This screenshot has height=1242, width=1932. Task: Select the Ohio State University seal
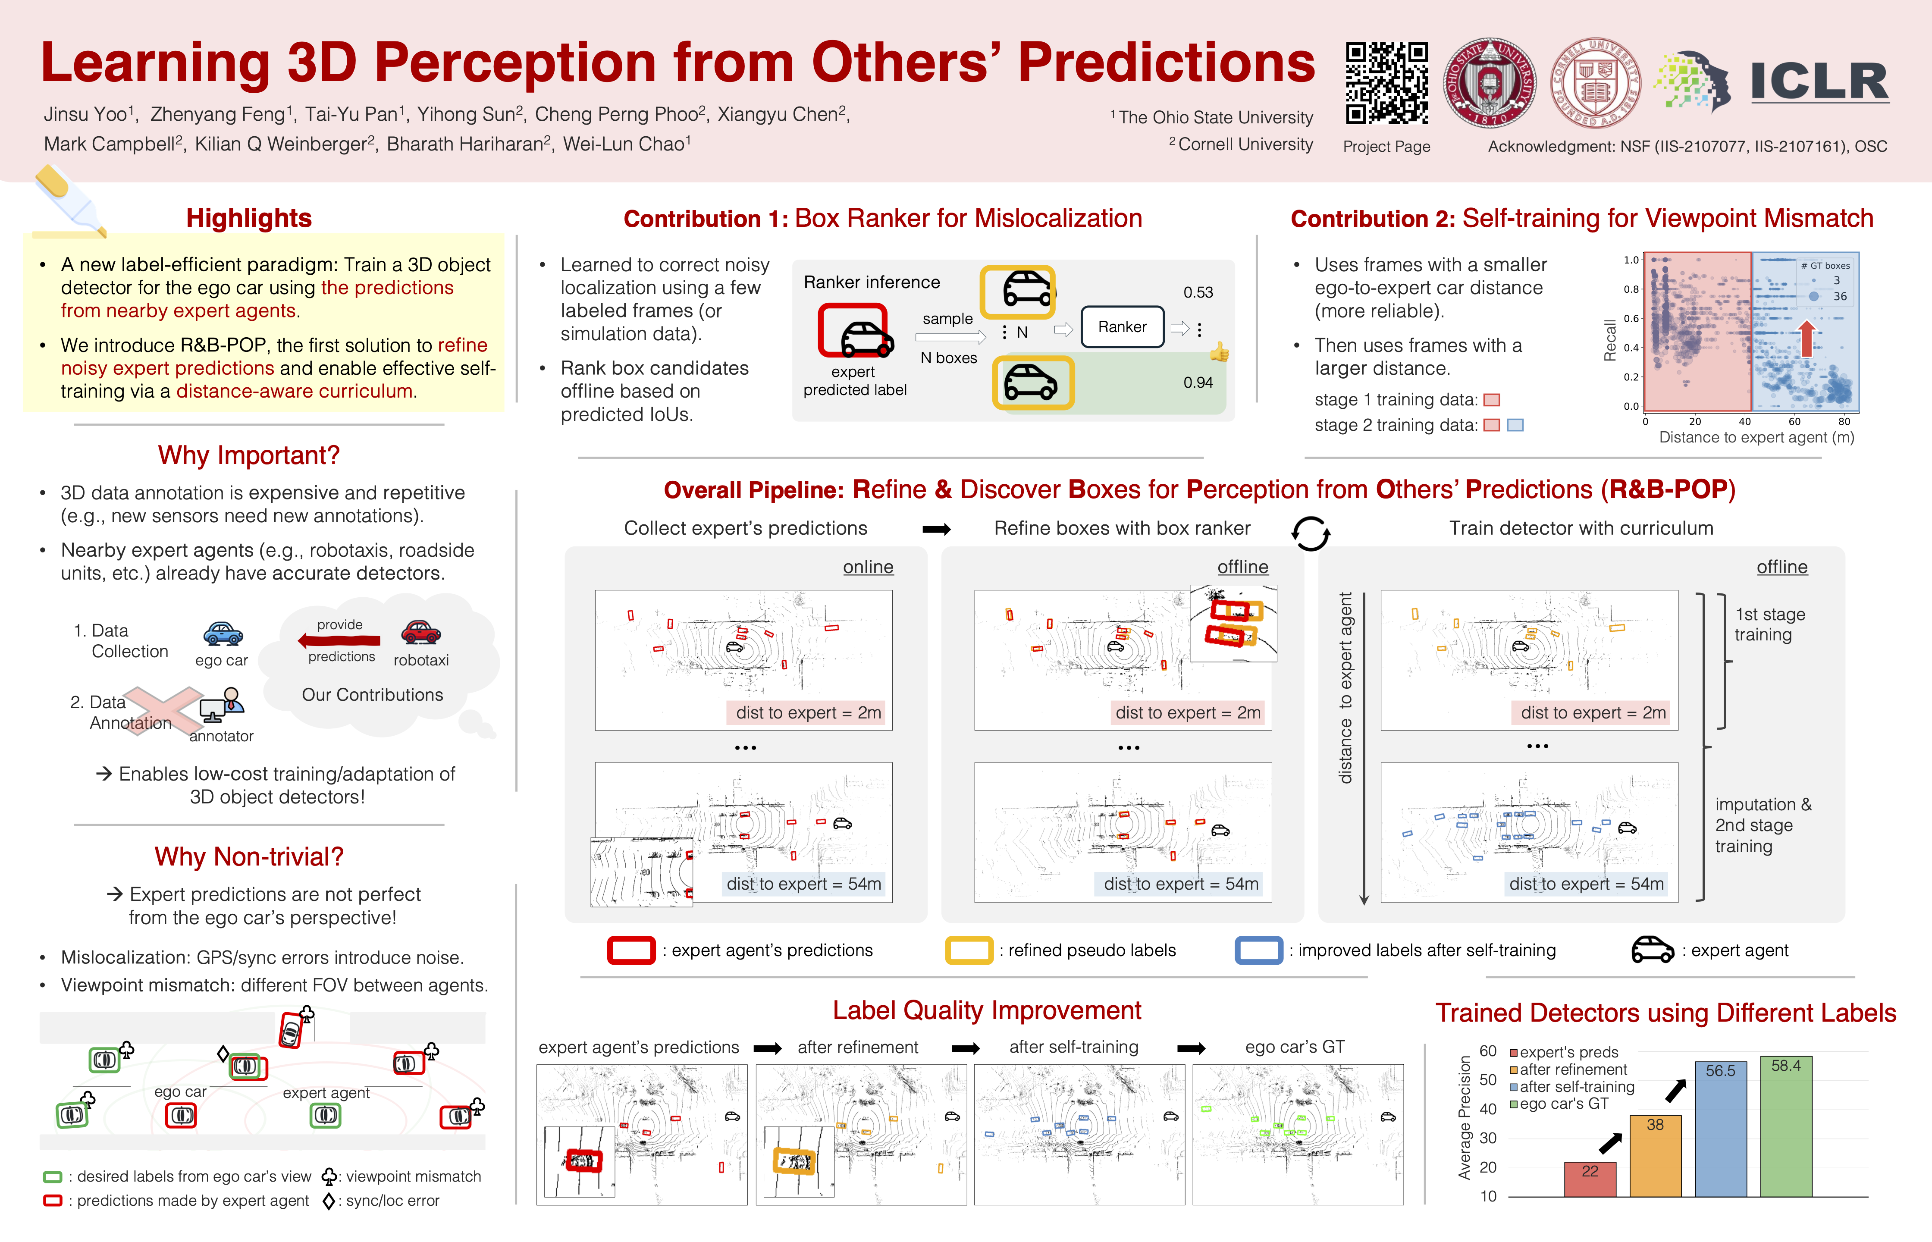point(1489,83)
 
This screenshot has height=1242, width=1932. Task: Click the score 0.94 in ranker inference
point(1198,382)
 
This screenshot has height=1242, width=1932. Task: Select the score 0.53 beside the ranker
point(1198,292)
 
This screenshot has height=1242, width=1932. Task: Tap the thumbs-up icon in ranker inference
point(1219,352)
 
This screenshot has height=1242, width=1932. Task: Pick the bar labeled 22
point(1590,1179)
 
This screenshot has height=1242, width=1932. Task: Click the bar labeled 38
point(1656,1156)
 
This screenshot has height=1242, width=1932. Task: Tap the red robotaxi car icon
point(421,631)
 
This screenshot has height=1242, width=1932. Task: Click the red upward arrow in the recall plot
point(1807,339)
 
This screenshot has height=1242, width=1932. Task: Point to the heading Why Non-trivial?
point(249,856)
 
